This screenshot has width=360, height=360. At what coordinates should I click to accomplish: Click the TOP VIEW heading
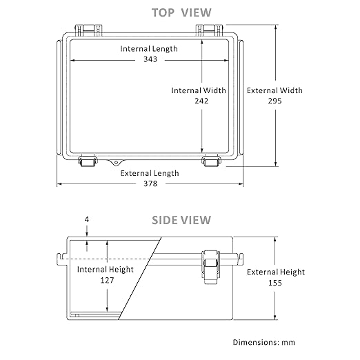tap(181, 12)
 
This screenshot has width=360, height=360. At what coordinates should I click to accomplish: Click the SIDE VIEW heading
tap(181, 220)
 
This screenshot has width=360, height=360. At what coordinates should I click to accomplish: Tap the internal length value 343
tap(150, 59)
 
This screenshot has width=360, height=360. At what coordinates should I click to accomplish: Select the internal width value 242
tap(201, 101)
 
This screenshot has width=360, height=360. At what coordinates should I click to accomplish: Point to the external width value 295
tap(274, 101)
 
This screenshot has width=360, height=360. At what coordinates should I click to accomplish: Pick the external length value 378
tap(150, 183)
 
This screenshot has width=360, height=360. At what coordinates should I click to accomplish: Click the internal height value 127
tap(107, 280)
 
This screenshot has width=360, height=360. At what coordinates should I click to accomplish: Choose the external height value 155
tap(275, 283)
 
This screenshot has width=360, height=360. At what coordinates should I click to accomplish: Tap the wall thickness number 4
tap(87, 219)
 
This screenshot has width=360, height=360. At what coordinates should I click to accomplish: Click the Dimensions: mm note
tap(264, 342)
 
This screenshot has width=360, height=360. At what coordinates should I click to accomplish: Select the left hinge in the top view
tap(88, 30)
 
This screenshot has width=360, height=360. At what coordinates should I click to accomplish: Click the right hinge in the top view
tap(209, 30)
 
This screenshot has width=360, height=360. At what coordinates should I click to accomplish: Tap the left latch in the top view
tap(88, 161)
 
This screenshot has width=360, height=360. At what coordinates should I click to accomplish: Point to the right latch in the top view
tap(211, 161)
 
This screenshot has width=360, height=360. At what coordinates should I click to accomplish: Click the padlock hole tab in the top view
tap(116, 162)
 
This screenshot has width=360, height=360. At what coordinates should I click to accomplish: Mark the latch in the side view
tap(210, 267)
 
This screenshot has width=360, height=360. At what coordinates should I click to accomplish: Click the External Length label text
tap(150, 173)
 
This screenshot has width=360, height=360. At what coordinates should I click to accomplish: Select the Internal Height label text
tap(106, 270)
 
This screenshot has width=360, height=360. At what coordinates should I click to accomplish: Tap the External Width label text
tap(274, 90)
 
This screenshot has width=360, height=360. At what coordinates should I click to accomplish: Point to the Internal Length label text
tap(149, 49)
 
